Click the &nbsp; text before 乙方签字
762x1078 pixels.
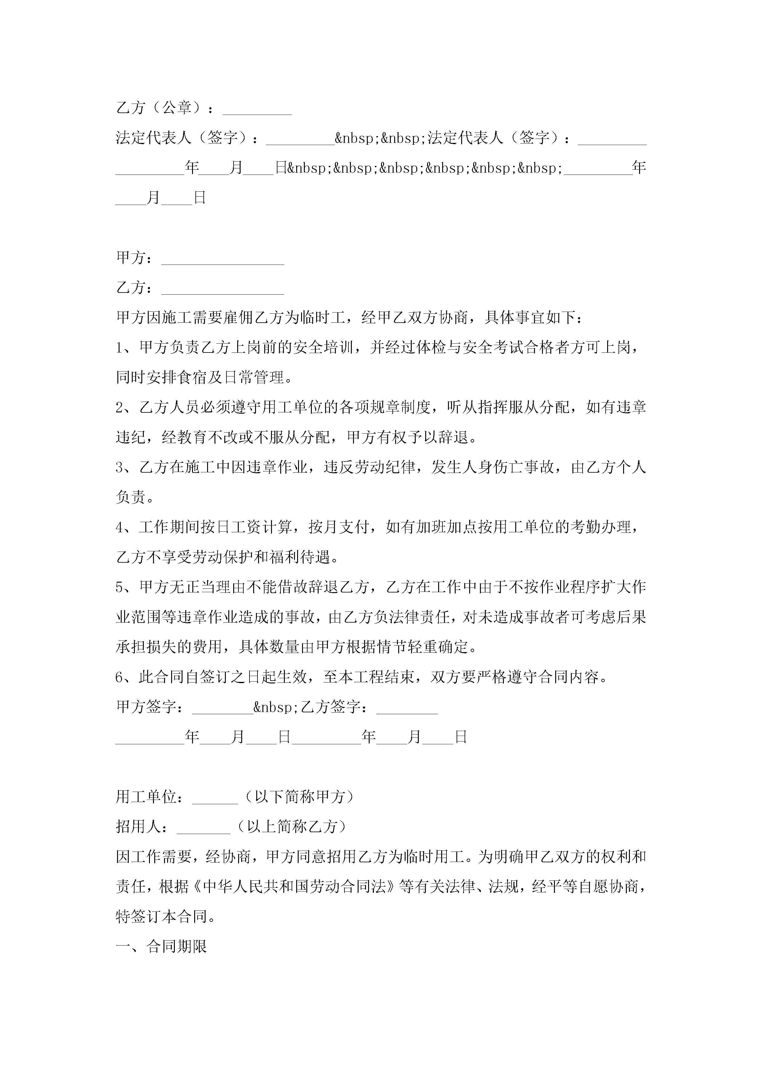click(276, 707)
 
